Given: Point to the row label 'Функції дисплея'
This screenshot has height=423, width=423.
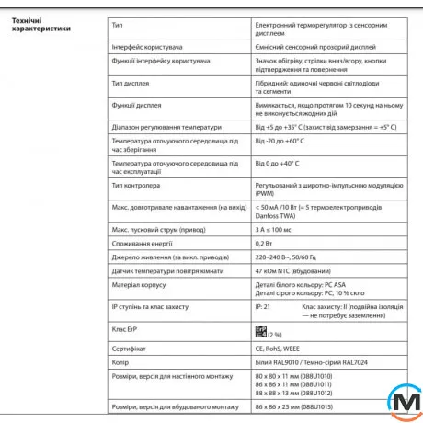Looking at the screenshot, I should tap(136, 105).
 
